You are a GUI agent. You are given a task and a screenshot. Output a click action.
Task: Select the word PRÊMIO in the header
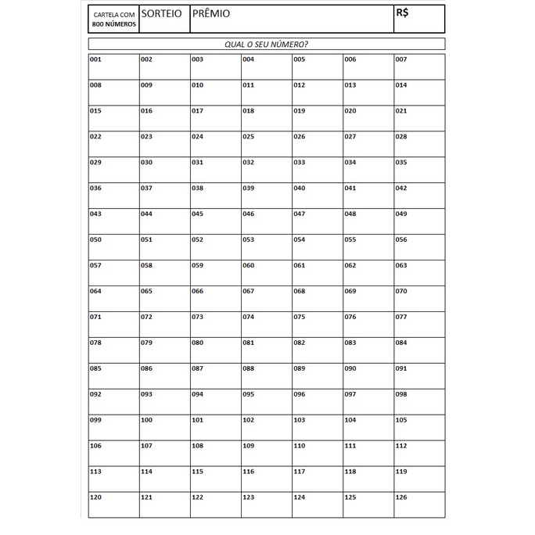click(x=211, y=14)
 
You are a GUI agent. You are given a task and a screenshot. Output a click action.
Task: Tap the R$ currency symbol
click(x=404, y=13)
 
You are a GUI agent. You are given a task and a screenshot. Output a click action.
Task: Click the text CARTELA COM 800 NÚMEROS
click(x=113, y=20)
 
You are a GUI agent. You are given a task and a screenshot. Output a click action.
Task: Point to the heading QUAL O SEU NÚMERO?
click(x=266, y=45)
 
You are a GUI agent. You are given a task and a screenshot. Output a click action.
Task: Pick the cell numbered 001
click(x=113, y=66)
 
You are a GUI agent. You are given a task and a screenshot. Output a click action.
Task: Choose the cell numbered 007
click(x=419, y=66)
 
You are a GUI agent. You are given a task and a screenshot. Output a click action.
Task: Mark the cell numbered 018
click(x=266, y=118)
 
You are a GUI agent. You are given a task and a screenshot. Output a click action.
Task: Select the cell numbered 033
click(x=317, y=170)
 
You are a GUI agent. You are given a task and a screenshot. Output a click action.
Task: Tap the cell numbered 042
click(x=419, y=196)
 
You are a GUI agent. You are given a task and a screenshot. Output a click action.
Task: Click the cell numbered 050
click(x=113, y=247)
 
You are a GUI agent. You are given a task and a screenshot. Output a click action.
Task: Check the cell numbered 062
click(x=368, y=273)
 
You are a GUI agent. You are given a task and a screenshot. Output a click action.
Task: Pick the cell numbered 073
click(x=215, y=325)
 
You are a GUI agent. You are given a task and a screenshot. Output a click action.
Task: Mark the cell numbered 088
click(x=266, y=376)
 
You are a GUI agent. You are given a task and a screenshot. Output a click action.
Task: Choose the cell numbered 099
click(x=113, y=428)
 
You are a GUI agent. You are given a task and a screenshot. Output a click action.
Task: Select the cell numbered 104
click(x=368, y=428)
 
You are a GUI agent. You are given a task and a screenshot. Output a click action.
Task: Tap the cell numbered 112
click(x=419, y=454)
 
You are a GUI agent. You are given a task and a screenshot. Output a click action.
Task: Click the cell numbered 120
click(x=113, y=505)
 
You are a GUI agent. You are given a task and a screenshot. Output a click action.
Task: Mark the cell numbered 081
click(x=266, y=350)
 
